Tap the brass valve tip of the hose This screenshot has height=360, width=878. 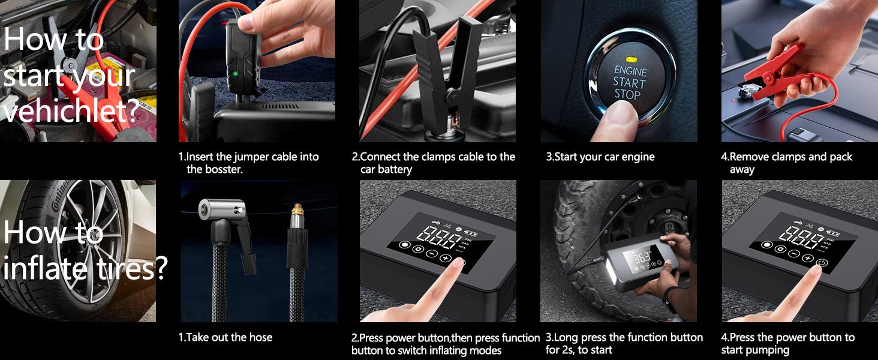point(296,211)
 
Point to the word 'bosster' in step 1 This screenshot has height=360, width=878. point(222,170)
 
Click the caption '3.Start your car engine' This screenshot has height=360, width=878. point(600,157)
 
